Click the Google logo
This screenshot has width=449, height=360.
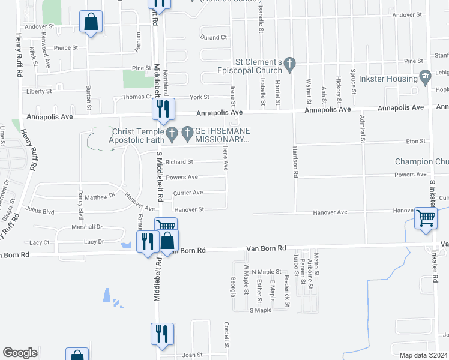[20, 353]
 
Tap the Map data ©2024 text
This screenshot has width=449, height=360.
[423, 355]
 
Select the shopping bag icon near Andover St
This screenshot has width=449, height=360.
[91, 22]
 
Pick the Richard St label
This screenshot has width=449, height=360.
[179, 162]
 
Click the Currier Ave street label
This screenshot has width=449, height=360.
[188, 193]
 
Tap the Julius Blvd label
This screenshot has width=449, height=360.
[40, 211]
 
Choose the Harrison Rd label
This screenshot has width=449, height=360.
[295, 162]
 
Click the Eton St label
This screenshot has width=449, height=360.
[415, 142]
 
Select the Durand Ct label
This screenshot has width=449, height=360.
[214, 37]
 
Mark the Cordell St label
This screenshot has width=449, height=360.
[228, 335]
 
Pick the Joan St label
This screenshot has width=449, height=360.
[192, 355]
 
